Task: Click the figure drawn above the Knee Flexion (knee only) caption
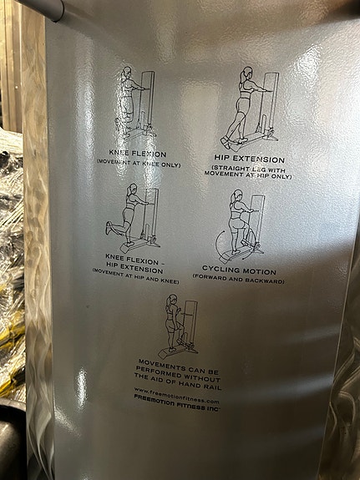pyautogui.click(x=134, y=104)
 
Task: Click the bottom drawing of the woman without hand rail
pyautogui.click(x=180, y=326)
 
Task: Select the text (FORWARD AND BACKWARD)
pyautogui.click(x=238, y=280)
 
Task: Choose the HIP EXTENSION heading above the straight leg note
pyautogui.click(x=249, y=159)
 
